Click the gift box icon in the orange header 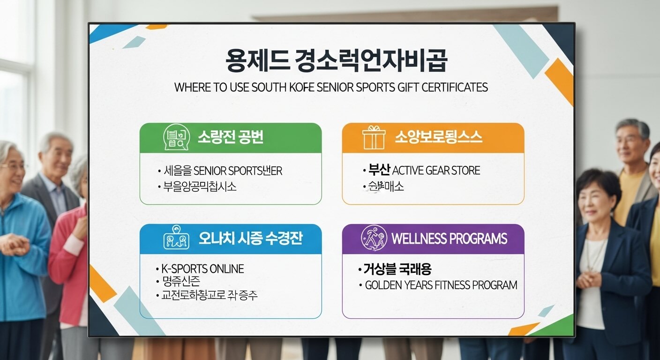point(374,137)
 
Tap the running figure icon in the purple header point(374,238)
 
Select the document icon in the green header point(176,137)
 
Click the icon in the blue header point(176,239)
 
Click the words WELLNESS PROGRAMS point(449,239)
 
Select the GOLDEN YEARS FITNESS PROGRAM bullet point(441,285)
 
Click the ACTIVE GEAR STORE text point(436,170)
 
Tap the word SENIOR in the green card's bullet point(210,171)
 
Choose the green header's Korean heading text point(230,137)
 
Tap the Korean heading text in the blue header point(251,238)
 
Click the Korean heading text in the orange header point(438,137)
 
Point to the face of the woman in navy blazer point(595,199)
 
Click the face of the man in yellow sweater point(631,143)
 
